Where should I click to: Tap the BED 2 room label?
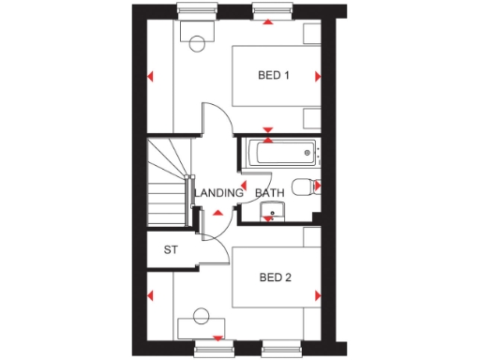[276, 277]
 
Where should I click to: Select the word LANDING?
[218, 194]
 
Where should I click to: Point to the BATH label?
[270, 194]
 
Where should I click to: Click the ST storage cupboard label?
[171, 250]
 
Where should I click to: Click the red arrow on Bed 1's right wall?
[318, 76]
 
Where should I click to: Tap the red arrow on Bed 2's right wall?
[318, 296]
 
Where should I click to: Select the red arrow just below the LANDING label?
[218, 213]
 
